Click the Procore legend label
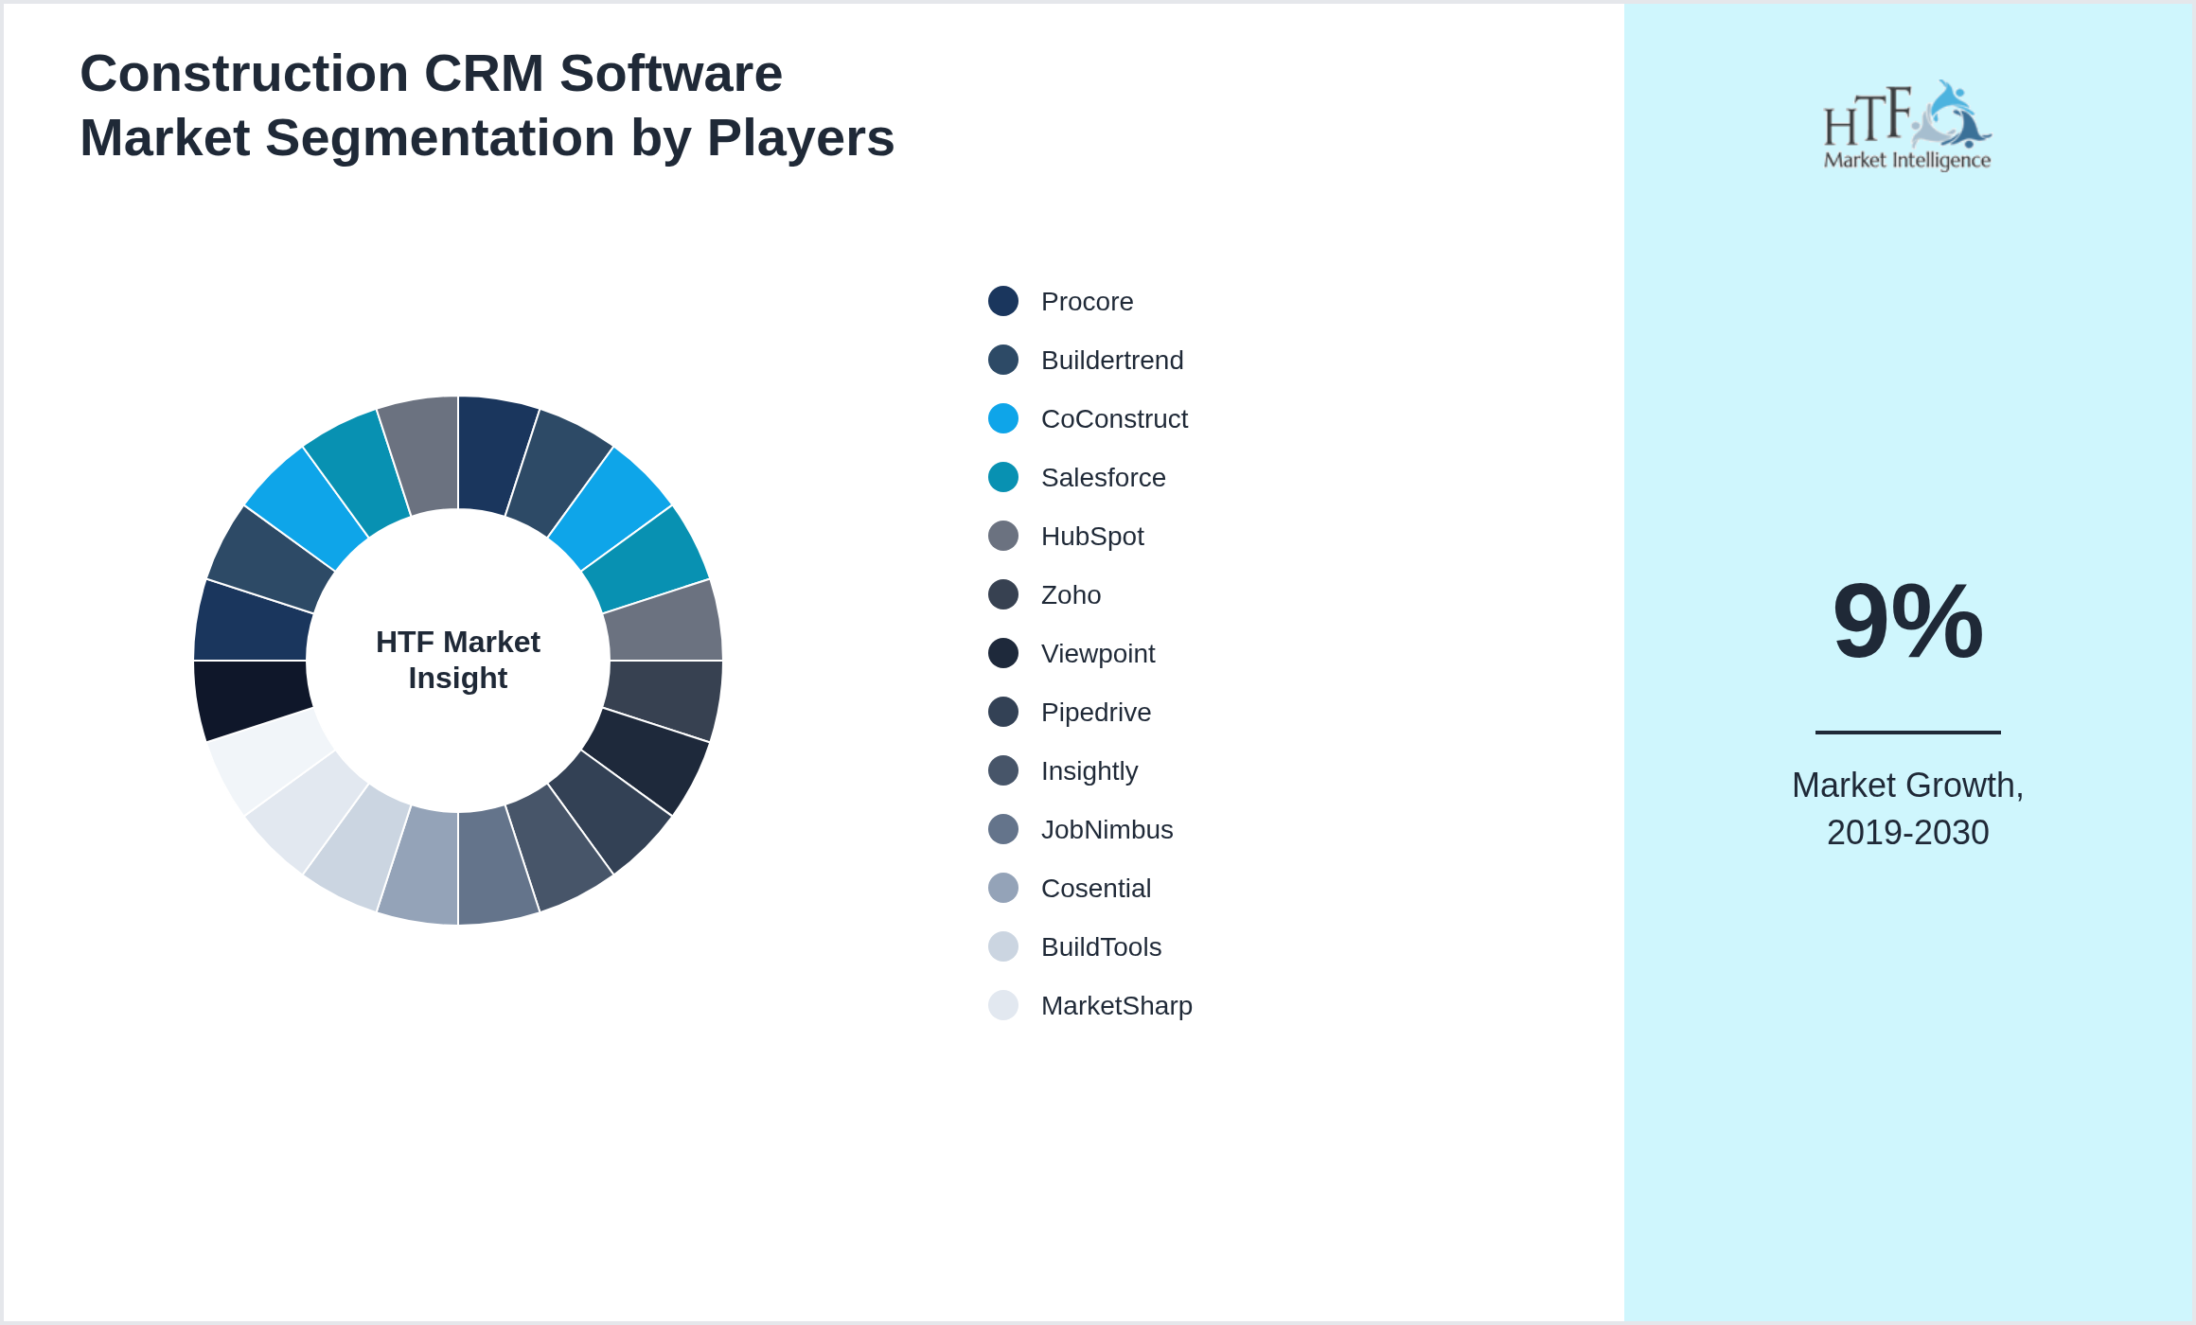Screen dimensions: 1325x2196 tap(1087, 302)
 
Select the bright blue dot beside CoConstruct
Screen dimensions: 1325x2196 tap(1003, 418)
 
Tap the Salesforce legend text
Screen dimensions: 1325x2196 tap(1103, 478)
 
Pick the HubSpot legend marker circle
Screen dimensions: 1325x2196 tap(1003, 536)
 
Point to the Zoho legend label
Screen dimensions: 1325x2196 tap(1071, 595)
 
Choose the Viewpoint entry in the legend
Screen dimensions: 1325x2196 tap(1097, 654)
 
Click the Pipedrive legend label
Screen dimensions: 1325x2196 tap(1095, 713)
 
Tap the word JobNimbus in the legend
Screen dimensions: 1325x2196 tap(1107, 830)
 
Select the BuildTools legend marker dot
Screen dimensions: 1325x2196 tap(1003, 946)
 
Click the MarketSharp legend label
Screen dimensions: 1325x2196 tap(1116, 1006)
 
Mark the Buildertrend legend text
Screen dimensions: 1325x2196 tap(1111, 361)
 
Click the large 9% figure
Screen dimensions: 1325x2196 tap(1907, 622)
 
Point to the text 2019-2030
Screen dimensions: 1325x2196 tap(1907, 833)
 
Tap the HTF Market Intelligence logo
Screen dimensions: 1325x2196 tap(1907, 126)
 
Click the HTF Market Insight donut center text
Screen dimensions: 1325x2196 tap(458, 660)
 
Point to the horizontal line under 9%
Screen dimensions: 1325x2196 tap(1907, 732)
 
